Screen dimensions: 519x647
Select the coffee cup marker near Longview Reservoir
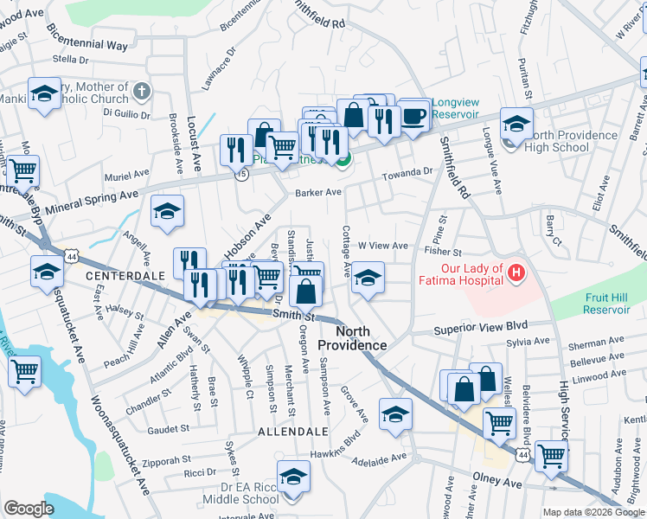(414, 115)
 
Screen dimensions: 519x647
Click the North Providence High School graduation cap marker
(517, 125)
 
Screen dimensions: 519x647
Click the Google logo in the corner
(29, 508)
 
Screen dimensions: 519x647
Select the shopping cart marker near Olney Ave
(551, 456)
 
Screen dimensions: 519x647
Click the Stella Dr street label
(71, 60)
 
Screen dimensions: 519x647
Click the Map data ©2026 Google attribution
(590, 512)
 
